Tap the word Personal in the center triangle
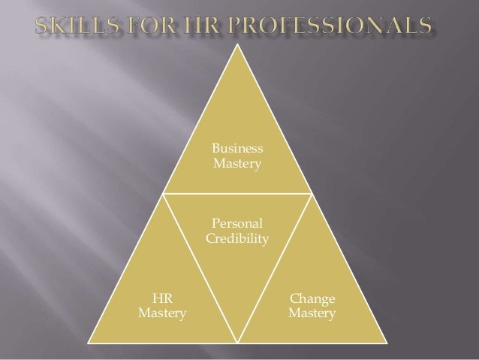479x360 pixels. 238,224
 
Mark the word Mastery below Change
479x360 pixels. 312,312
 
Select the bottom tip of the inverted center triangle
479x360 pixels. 239,340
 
